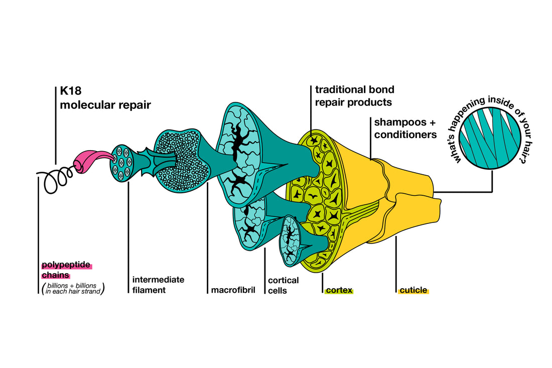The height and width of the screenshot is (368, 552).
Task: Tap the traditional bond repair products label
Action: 354,96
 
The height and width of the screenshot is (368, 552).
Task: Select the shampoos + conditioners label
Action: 405,128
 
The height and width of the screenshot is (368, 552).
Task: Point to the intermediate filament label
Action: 158,285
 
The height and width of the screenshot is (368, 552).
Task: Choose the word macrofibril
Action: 233,290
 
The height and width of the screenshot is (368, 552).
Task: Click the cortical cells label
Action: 283,285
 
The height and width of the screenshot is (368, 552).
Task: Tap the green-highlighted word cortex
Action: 339,290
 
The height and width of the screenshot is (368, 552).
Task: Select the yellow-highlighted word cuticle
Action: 413,290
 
